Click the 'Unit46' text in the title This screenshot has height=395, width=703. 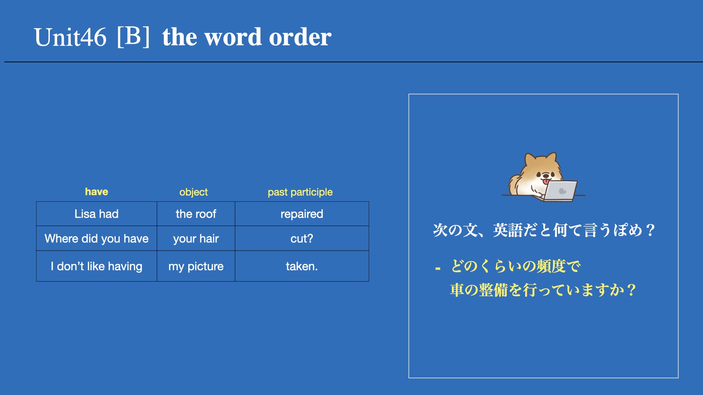tap(70, 37)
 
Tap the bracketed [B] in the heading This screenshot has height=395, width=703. tap(133, 37)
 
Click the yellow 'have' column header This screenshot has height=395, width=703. tap(97, 192)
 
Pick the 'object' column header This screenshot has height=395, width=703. tap(193, 192)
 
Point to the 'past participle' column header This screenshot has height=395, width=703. tap(300, 192)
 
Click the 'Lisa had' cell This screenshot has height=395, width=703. tap(97, 214)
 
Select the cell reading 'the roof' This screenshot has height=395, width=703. tap(196, 214)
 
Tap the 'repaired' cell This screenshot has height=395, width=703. tap(302, 214)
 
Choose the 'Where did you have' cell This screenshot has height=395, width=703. tap(97, 238)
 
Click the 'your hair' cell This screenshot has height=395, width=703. tap(196, 238)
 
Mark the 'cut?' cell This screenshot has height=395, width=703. tap(302, 238)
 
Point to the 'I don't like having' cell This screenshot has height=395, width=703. tap(97, 266)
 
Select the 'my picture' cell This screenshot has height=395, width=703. tap(196, 266)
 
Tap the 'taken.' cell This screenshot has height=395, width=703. tap(302, 266)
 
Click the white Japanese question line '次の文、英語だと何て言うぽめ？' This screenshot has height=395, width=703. tap(544, 230)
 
